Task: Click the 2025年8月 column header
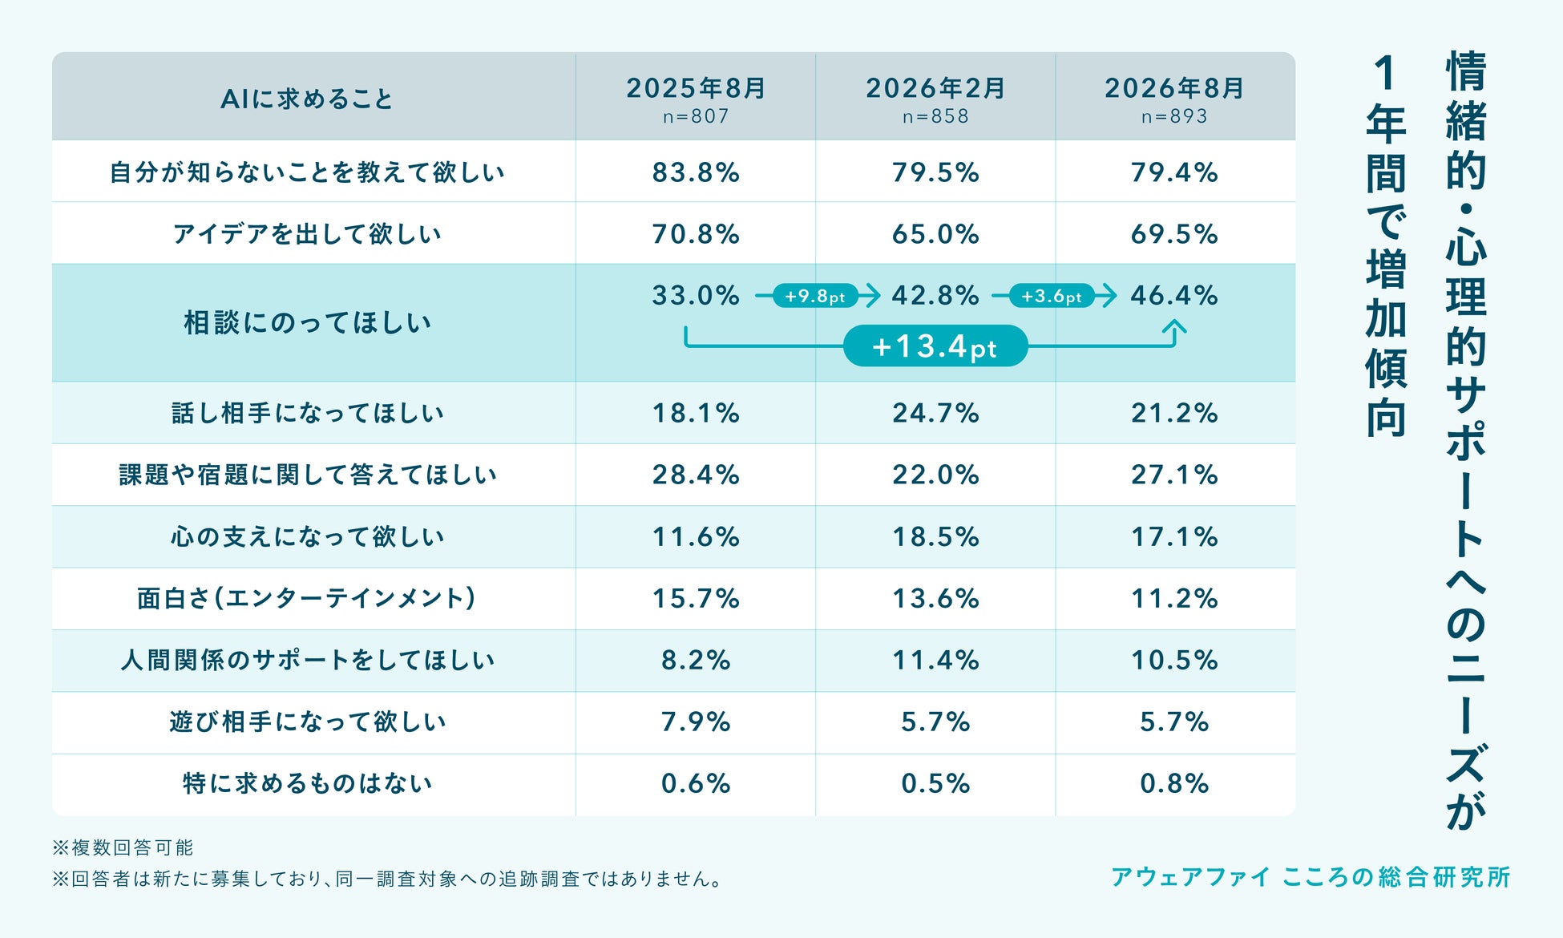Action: pos(696,88)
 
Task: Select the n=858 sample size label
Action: pos(935,116)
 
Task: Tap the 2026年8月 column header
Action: pos(1174,88)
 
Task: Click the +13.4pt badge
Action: pos(935,346)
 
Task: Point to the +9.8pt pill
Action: pos(815,296)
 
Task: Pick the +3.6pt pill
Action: pos(1052,296)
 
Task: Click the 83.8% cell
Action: pos(696,172)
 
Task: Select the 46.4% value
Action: pos(1174,295)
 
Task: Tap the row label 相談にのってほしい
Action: pos(308,322)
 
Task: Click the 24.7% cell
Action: pos(935,413)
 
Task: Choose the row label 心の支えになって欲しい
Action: pos(308,536)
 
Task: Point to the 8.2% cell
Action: pos(696,660)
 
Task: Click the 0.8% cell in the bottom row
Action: pos(1174,783)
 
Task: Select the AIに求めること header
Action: pos(307,99)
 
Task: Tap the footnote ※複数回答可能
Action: pos(123,847)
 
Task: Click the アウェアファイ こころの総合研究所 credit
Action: pos(1311,877)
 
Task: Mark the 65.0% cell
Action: pos(935,234)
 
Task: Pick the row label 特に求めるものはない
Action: pos(308,782)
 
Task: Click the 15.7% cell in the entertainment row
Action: pos(696,598)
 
